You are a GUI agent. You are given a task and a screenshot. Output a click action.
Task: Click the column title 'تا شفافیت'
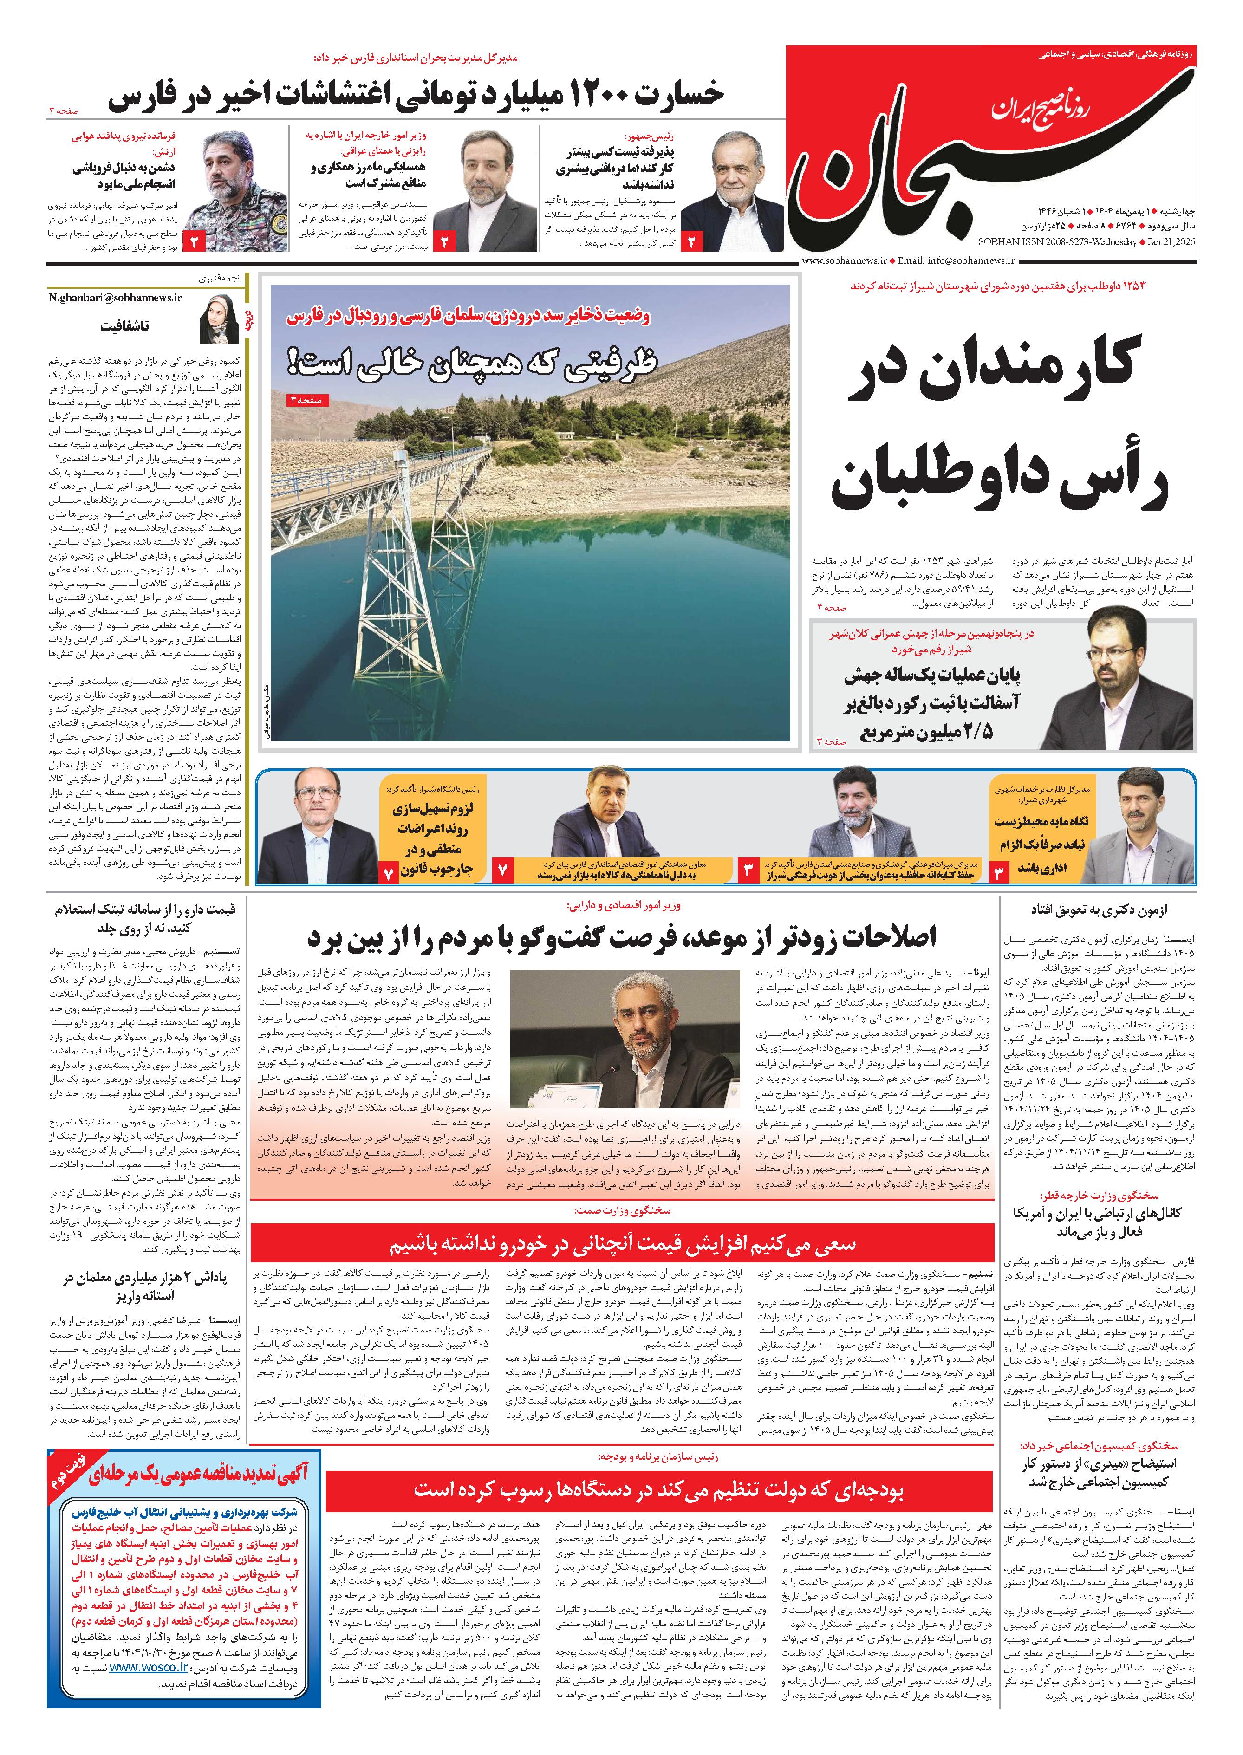125,325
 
